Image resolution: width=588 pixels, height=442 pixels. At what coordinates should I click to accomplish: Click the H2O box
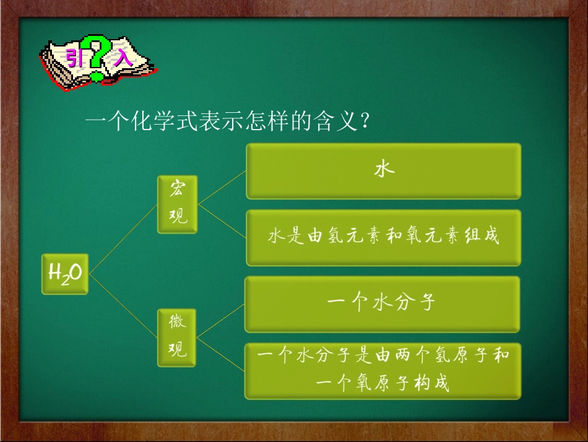[64, 273]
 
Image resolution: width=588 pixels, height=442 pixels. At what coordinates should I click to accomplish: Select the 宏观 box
[177, 204]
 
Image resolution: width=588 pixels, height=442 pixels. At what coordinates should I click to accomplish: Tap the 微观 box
[177, 337]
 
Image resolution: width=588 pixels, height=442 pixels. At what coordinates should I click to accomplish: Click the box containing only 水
[383, 171]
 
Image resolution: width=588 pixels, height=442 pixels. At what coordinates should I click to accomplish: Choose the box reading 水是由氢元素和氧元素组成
[383, 237]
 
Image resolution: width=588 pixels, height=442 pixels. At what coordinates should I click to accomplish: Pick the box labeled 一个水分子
[382, 304]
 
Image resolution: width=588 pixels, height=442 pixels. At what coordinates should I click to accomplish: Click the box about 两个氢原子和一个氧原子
[383, 371]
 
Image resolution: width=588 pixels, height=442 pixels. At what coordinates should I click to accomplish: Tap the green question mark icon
[97, 59]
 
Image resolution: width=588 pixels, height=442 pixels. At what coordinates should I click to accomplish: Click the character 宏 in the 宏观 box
[177, 190]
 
